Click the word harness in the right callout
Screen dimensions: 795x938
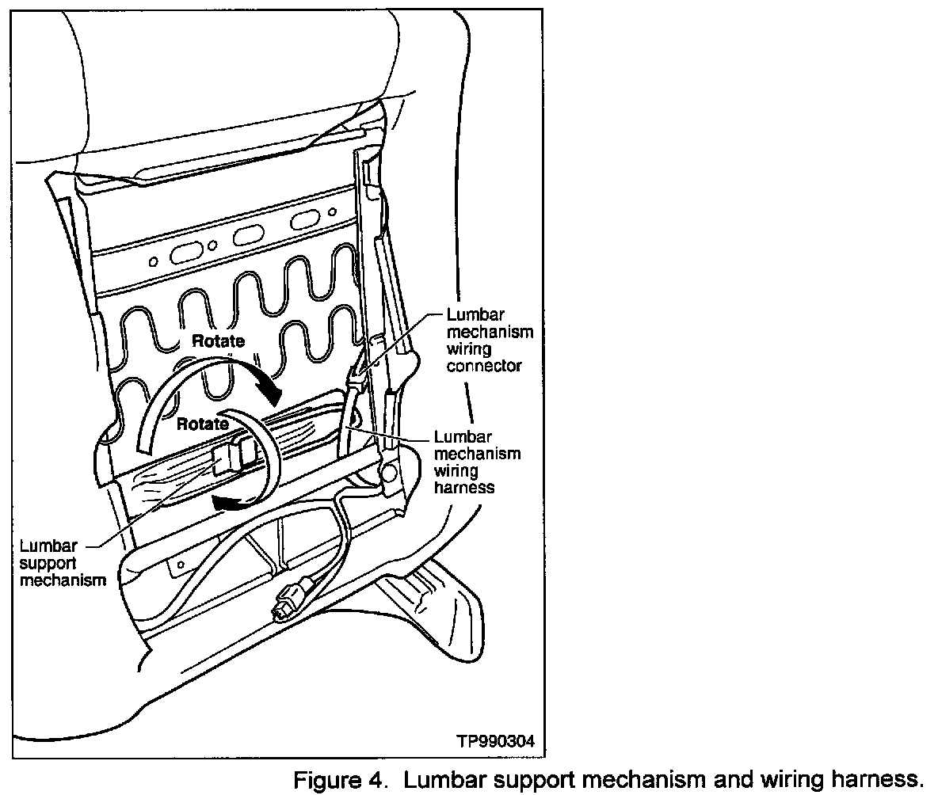point(464,488)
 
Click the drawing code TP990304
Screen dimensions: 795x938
point(496,742)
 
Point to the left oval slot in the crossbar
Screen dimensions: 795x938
point(188,253)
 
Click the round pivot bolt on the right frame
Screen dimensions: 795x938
point(388,472)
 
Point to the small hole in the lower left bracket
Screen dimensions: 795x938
point(181,564)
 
